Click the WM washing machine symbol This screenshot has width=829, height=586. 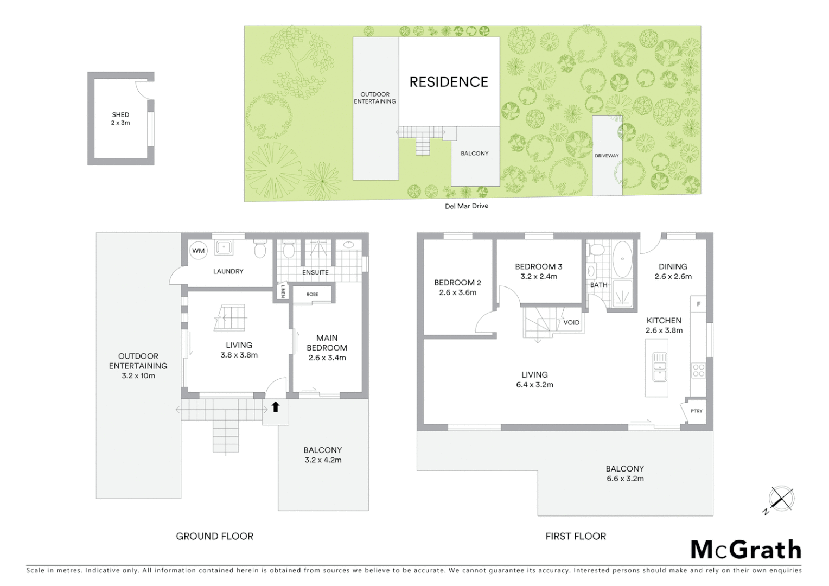click(x=198, y=251)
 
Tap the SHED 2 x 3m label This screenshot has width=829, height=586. click(x=120, y=119)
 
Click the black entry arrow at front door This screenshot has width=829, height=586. click(x=275, y=406)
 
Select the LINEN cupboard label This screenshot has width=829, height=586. click(x=283, y=291)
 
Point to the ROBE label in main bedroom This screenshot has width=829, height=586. click(x=312, y=294)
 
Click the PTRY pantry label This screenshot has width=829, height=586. click(x=696, y=411)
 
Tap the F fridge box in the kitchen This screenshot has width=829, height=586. click(x=698, y=304)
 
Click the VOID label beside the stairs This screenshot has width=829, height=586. click(x=571, y=322)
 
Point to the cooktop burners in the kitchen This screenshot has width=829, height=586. click(x=698, y=371)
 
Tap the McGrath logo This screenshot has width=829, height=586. click(x=746, y=550)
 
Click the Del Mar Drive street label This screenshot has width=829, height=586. click(x=466, y=206)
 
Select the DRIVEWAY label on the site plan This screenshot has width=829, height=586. click(x=607, y=156)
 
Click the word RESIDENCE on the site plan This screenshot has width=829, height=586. click(x=449, y=82)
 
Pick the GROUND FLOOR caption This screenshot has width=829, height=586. click(x=214, y=536)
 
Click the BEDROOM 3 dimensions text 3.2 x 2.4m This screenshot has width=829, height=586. click(x=538, y=277)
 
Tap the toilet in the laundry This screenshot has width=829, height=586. click(x=260, y=250)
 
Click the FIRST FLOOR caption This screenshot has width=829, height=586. click(x=576, y=536)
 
